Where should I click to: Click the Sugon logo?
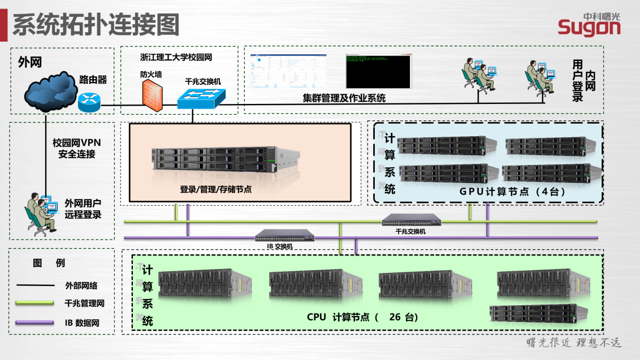coord(589,24)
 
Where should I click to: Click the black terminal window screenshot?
coord(378,71)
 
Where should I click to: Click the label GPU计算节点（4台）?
coord(512,192)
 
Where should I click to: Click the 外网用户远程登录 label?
coord(83,209)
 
